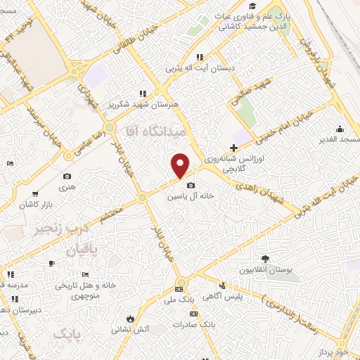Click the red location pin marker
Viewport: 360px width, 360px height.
181,165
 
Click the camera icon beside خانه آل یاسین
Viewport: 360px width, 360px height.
190,186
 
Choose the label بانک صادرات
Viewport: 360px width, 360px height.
198,326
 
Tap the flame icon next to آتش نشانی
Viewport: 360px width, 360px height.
129,317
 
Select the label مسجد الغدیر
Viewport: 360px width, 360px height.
337,141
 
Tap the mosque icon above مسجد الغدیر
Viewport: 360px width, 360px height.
340,129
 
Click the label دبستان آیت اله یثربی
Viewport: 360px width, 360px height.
194,69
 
